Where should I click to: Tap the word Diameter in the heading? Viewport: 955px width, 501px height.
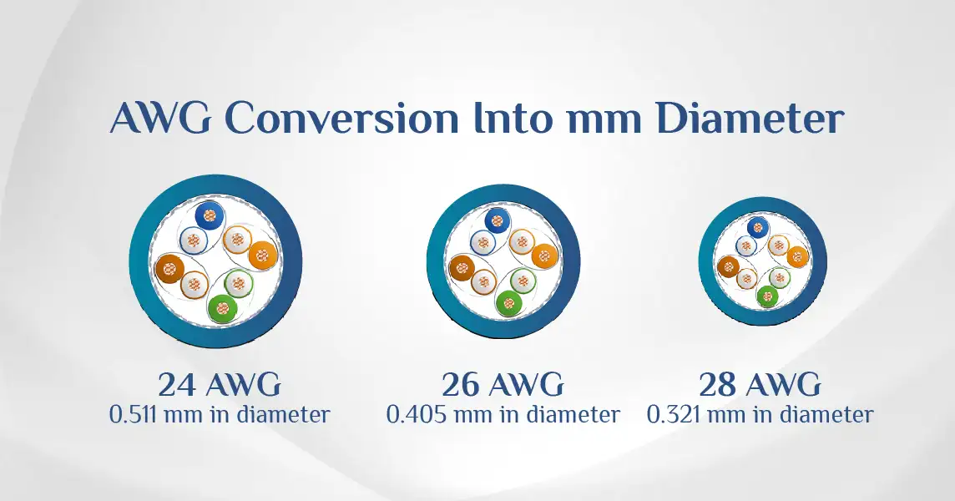pyautogui.click(x=750, y=118)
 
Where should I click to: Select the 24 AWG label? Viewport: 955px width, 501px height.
pyautogui.click(x=220, y=385)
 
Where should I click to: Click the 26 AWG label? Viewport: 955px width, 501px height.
pyautogui.click(x=503, y=385)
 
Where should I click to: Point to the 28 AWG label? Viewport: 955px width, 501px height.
pyautogui.click(x=760, y=385)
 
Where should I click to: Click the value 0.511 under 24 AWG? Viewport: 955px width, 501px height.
pyautogui.click(x=134, y=415)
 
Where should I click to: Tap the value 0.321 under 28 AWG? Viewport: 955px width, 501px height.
pyautogui.click(x=673, y=415)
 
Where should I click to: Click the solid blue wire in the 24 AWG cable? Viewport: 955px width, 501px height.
pyautogui.click(x=210, y=215)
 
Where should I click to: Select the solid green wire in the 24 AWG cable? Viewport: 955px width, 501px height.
pyautogui.click(x=223, y=308)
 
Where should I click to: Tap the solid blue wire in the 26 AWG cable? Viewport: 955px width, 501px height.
pyautogui.click(x=497, y=220)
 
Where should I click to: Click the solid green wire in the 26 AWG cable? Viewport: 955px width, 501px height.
pyautogui.click(x=508, y=302)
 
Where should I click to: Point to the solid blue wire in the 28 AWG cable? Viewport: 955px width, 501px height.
pyautogui.click(x=758, y=228)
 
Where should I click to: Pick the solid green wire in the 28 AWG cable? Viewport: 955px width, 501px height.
pyautogui.click(x=767, y=296)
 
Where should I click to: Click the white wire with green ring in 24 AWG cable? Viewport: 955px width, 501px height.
pyautogui.click(x=238, y=282)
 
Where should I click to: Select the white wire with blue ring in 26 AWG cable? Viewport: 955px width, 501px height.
pyautogui.click(x=483, y=243)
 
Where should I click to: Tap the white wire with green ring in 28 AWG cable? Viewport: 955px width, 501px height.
pyautogui.click(x=779, y=278)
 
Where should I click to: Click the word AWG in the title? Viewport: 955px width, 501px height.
pyautogui.click(x=160, y=118)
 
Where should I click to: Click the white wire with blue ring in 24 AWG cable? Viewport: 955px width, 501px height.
pyautogui.click(x=194, y=240)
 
